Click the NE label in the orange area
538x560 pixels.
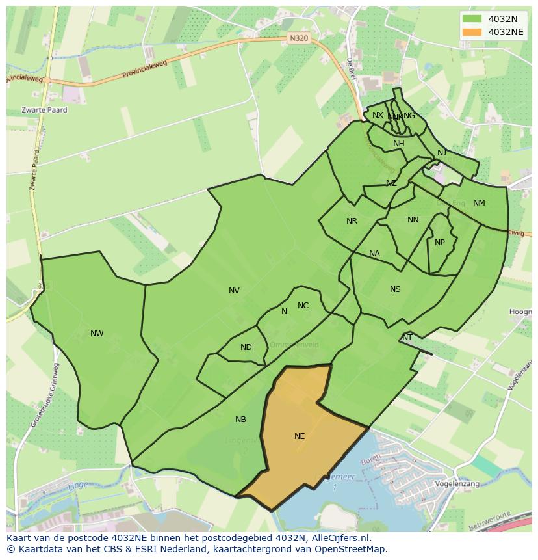point(300,436)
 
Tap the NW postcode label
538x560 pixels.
point(97,334)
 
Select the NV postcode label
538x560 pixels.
point(234,291)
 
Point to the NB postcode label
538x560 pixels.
point(240,420)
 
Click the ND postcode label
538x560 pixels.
point(246,347)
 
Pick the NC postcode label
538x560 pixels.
point(303,306)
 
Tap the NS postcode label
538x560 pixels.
point(395,289)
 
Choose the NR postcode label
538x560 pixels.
point(352,221)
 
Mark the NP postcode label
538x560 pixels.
point(440,243)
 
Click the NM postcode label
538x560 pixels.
point(479,203)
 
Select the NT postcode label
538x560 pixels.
point(407,338)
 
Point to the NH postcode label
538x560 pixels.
point(398,144)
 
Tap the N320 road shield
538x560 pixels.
point(298,38)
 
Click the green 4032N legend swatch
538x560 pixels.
point(472,19)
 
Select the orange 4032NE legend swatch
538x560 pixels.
point(472,32)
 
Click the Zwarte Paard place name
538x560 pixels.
point(44,110)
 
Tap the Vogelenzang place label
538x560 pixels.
point(457,484)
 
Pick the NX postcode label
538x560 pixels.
point(378,115)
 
